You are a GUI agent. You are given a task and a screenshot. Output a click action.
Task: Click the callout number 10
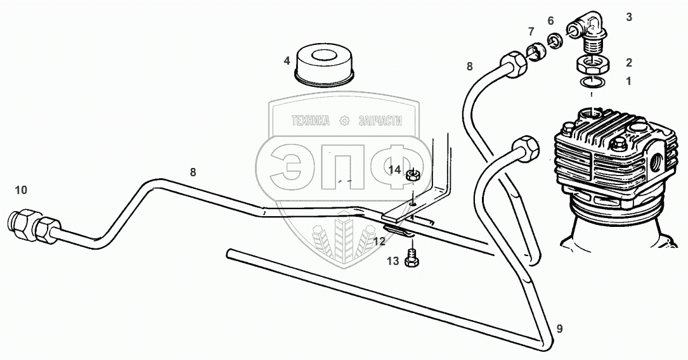(x=21, y=190)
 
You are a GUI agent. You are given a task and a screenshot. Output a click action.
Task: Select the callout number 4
(x=287, y=61)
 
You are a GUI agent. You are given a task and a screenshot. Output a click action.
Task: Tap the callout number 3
(x=628, y=17)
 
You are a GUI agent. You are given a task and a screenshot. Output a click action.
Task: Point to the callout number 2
(x=628, y=63)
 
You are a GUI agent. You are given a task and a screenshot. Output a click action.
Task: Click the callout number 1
(x=628, y=81)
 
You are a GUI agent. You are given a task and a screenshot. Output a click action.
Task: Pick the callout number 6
(x=550, y=21)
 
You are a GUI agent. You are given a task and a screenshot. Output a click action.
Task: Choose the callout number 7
(x=531, y=32)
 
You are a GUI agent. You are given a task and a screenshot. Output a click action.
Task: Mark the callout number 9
(x=559, y=328)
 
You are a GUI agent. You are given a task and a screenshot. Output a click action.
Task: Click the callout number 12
(x=379, y=241)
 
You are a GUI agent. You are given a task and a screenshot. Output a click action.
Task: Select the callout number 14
(x=394, y=170)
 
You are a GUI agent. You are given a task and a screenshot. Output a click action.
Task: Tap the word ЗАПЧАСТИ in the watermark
(x=380, y=120)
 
